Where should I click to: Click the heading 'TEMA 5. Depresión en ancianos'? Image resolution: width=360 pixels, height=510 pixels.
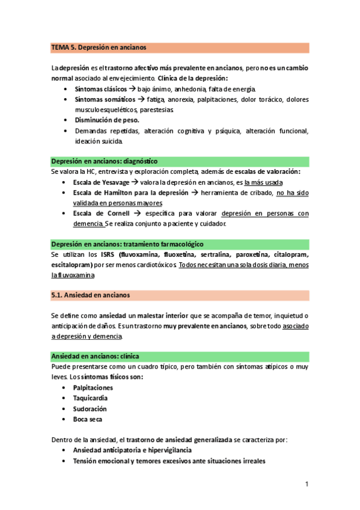coord(99,47)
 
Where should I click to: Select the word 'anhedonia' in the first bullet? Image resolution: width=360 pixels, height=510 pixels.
coord(191,88)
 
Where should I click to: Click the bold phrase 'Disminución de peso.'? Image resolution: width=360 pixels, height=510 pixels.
coord(106,120)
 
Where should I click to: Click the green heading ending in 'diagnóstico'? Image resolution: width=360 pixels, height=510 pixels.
coord(104,161)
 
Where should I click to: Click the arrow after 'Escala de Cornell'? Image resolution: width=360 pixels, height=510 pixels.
coord(138,214)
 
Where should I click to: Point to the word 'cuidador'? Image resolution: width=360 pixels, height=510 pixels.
coord(211,224)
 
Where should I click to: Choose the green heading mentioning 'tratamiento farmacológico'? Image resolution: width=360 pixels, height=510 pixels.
coord(127,244)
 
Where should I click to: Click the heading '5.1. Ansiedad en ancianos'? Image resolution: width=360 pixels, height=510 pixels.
coord(90,295)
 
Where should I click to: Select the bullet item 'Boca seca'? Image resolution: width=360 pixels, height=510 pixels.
coord(89,419)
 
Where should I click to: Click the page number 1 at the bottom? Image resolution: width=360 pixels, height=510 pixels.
coord(306,484)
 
